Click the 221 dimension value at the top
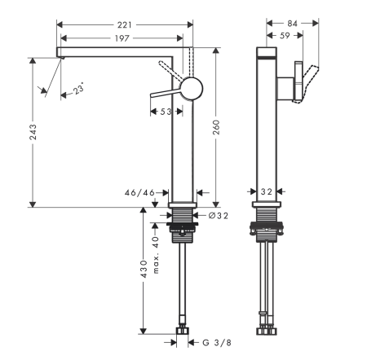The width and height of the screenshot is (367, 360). (x=122, y=24)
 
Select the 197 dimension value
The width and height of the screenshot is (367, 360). (x=122, y=37)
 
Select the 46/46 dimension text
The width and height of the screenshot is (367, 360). (x=139, y=193)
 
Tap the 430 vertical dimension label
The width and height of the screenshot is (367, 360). (x=144, y=269)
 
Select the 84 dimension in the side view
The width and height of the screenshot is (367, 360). (x=293, y=24)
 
